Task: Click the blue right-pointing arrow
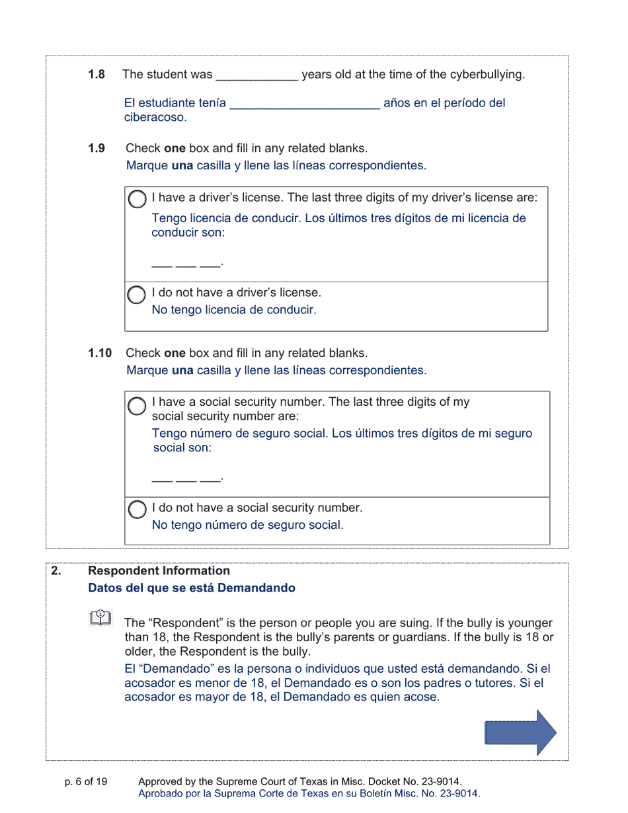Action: [520, 732]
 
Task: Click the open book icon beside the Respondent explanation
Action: [100, 618]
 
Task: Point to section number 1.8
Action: [97, 75]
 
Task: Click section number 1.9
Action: [97, 149]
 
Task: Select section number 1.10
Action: [100, 353]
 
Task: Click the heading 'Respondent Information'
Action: [159, 570]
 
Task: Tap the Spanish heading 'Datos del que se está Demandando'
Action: [192, 588]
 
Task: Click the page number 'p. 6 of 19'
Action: [86, 782]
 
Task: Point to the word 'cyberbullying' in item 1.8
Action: [486, 75]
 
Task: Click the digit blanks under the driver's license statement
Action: [186, 264]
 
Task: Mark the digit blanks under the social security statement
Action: [186, 478]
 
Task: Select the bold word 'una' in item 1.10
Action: [182, 370]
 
